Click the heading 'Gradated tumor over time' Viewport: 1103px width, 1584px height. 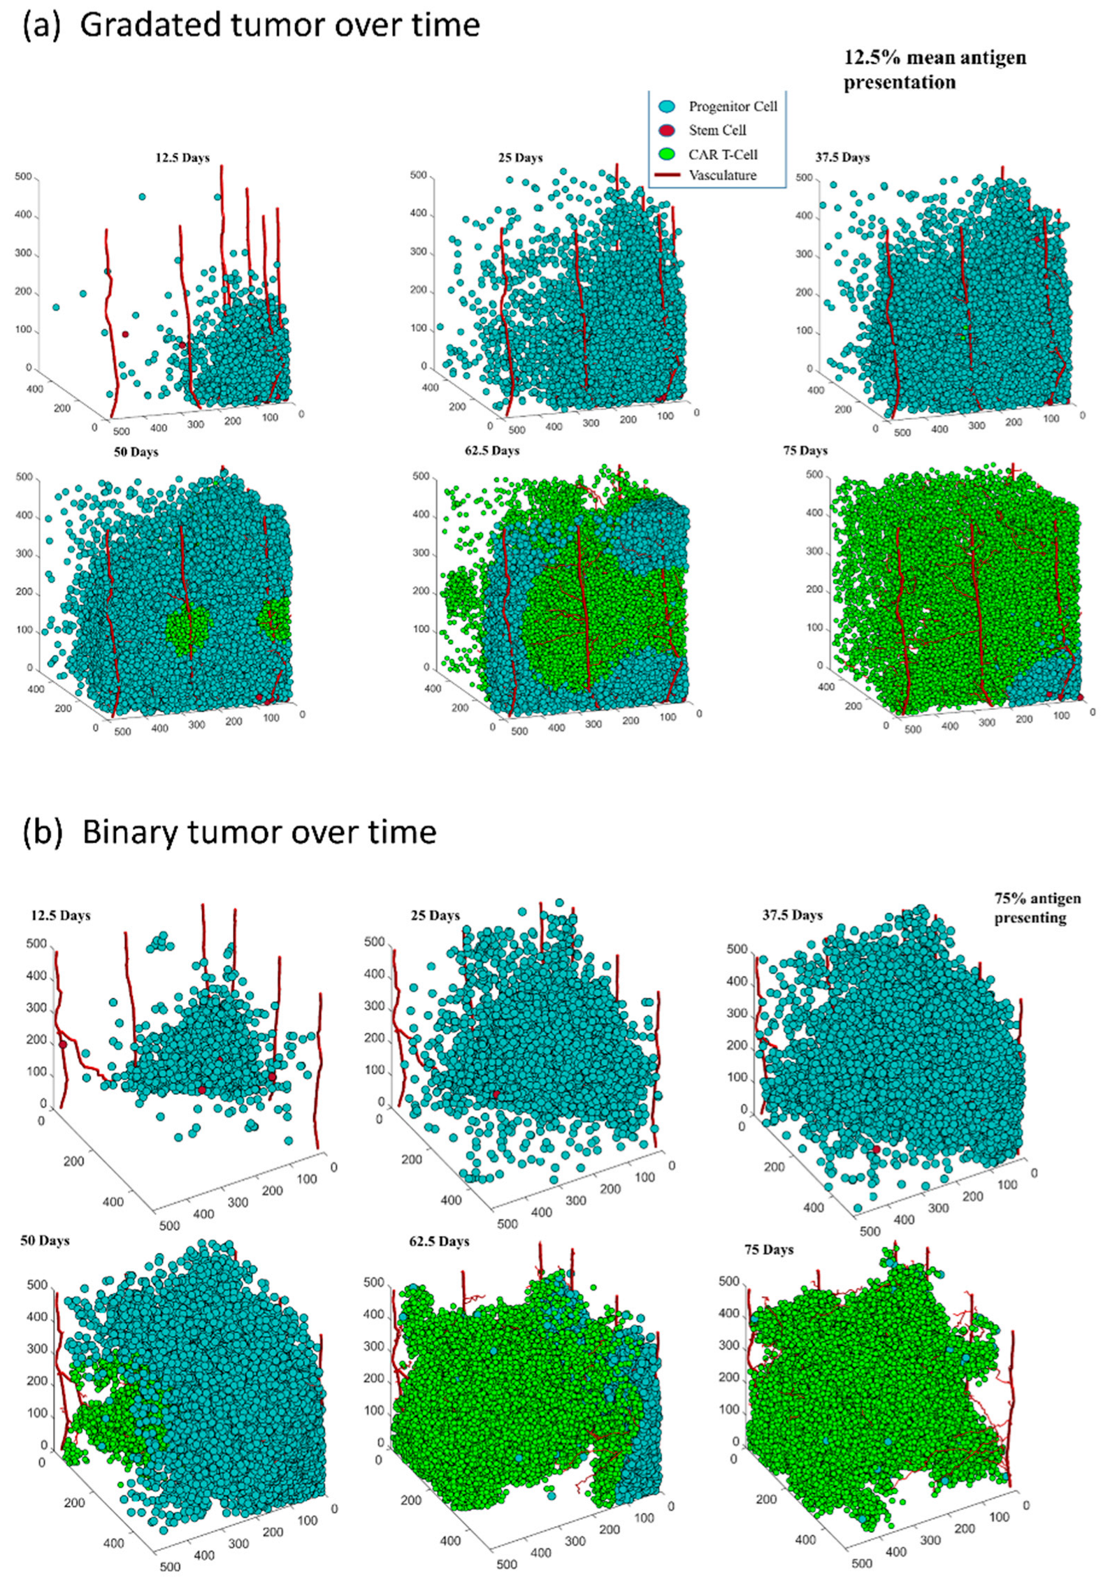click(x=280, y=25)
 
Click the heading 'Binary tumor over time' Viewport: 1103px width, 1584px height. click(x=259, y=831)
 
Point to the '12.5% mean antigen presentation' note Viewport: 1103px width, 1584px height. click(x=934, y=70)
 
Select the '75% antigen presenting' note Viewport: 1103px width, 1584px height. click(x=1037, y=908)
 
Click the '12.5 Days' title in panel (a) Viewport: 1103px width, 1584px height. click(x=182, y=158)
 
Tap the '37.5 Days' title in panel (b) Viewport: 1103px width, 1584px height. click(x=792, y=915)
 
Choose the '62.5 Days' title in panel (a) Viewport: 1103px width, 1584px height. click(x=491, y=451)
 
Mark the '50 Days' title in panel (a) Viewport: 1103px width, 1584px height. click(x=136, y=452)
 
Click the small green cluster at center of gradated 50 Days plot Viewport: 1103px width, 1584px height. click(x=188, y=630)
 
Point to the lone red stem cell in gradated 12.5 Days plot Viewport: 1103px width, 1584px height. click(x=125, y=334)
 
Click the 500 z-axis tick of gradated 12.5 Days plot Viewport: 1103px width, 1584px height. click(x=23, y=177)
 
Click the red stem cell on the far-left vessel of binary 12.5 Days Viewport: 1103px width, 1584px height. click(x=62, y=1045)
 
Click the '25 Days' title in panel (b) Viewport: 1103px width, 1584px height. click(x=435, y=915)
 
